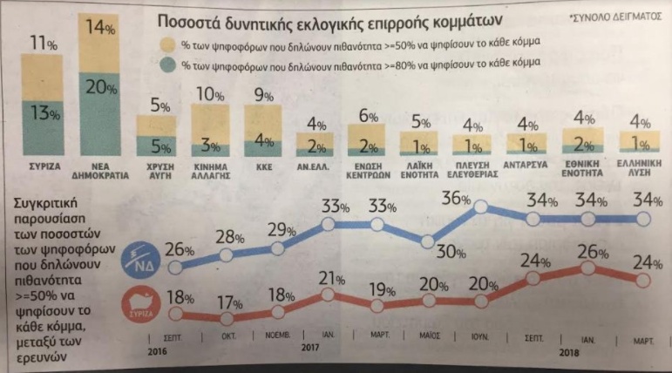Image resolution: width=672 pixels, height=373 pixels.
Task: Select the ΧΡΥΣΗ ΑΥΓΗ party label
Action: tap(156, 169)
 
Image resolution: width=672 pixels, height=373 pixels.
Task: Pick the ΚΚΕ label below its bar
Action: tap(261, 164)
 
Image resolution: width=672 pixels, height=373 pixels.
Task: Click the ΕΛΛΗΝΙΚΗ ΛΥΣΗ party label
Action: tap(639, 169)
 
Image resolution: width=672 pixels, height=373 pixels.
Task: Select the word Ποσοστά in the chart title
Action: tap(187, 20)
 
